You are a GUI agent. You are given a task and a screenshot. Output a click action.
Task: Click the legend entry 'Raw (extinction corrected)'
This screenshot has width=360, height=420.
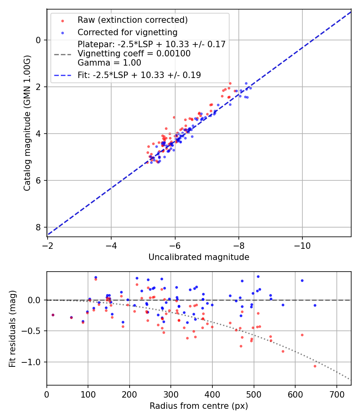pyautogui.click(x=132, y=20)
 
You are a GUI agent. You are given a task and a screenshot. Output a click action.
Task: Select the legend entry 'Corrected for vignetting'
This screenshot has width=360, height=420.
pyautogui.click(x=127, y=32)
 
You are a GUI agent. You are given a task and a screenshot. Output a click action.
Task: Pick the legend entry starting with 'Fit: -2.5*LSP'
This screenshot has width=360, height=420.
pyautogui.click(x=139, y=75)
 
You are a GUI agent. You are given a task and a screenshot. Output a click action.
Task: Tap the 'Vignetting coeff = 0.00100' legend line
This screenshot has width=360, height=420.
pyautogui.click(x=134, y=53)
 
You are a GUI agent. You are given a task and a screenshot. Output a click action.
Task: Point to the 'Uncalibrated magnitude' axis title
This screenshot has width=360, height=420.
pyautogui.click(x=199, y=257)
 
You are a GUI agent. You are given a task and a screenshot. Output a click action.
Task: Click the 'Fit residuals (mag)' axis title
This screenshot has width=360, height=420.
pyautogui.click(x=12, y=328)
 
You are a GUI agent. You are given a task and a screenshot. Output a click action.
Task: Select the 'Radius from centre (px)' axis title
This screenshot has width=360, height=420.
pyautogui.click(x=199, y=406)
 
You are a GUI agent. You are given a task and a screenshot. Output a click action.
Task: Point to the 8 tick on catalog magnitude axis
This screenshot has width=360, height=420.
pyautogui.click(x=38, y=227)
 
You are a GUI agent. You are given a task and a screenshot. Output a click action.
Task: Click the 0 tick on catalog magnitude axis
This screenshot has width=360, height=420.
pyautogui.click(x=38, y=40)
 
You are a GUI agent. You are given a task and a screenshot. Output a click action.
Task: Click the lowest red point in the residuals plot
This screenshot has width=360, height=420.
pyautogui.click(x=315, y=366)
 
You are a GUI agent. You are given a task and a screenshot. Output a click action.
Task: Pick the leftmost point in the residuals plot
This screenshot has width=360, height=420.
pyautogui.click(x=53, y=315)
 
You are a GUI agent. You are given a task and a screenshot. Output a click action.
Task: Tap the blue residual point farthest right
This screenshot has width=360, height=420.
pyautogui.click(x=315, y=305)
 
